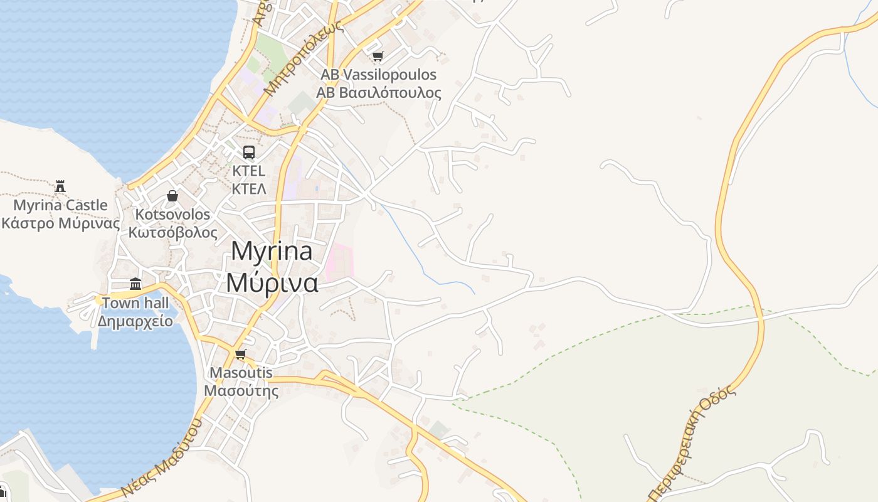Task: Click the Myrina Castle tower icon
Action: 60,186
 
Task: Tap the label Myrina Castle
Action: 60,205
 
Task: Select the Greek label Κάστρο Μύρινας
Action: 60,223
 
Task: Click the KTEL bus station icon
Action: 249,152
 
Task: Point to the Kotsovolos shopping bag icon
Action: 172,196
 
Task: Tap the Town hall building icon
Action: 135,284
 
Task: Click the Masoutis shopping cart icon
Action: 240,355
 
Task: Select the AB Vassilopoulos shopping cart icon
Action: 378,56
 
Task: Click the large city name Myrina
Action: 272,251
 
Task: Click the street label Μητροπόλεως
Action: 304,58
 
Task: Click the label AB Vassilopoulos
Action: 378,75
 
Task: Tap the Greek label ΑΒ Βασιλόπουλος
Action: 378,93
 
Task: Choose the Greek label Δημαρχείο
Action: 135,321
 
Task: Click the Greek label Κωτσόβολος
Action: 172,233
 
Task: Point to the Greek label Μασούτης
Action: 241,391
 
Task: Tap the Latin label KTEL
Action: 249,171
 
